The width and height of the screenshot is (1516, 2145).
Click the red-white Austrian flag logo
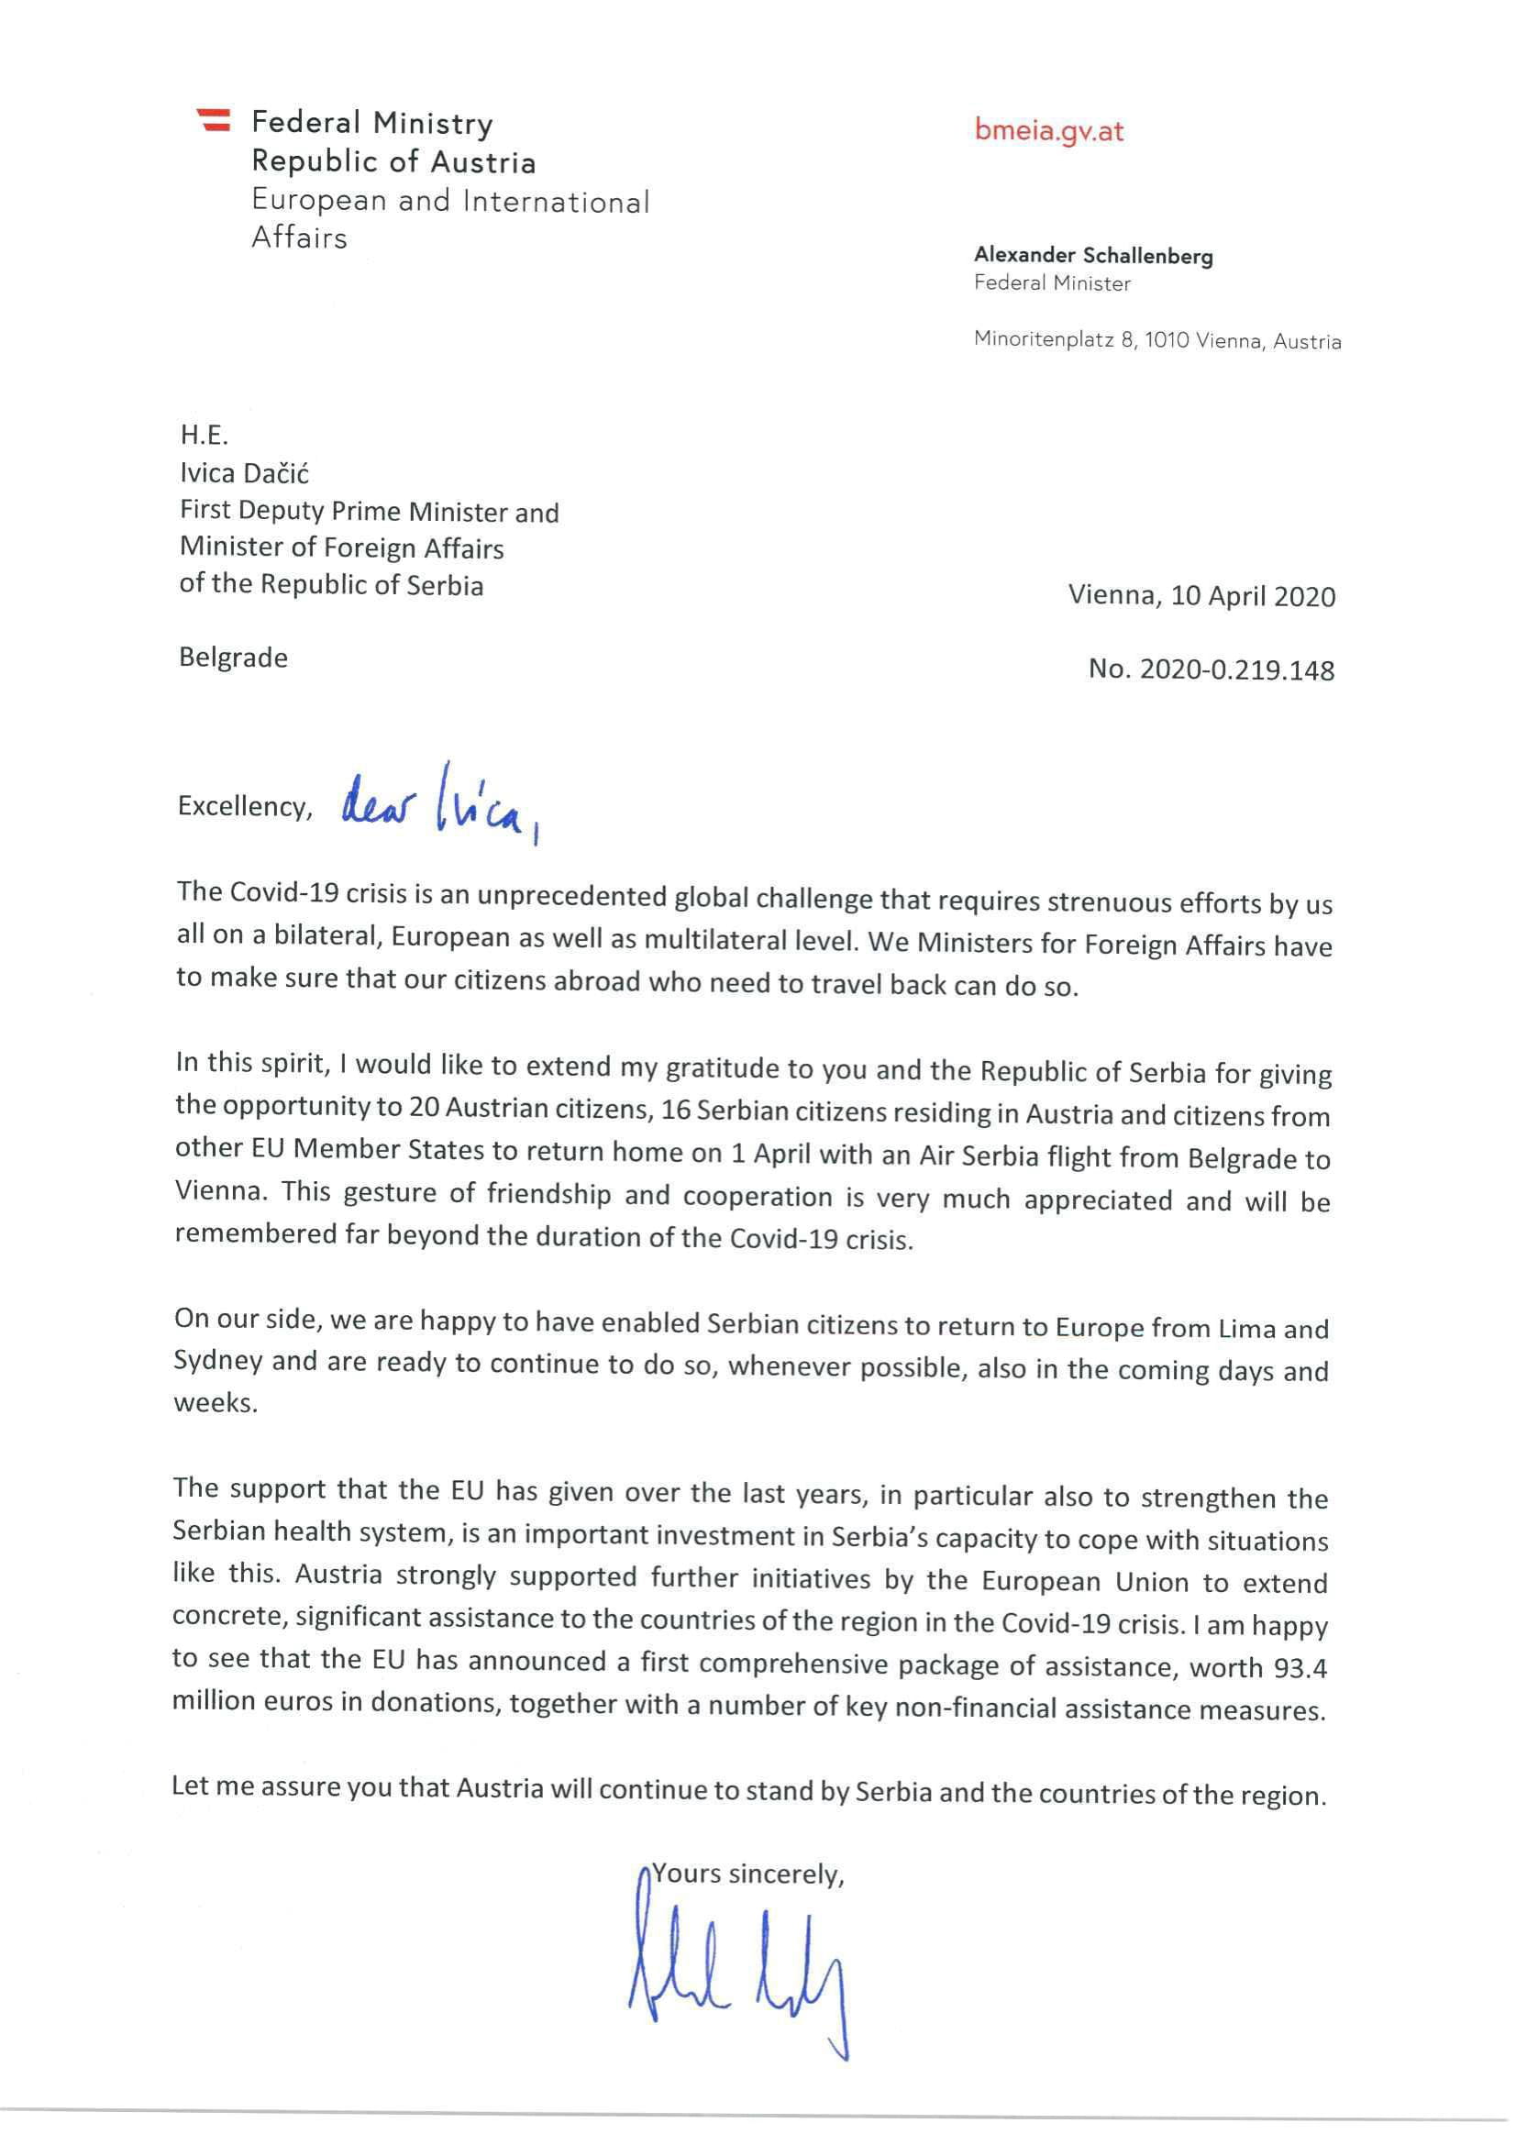click(214, 119)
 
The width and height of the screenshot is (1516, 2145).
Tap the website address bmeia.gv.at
click(1048, 130)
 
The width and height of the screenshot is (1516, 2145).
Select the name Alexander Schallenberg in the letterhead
click(1093, 255)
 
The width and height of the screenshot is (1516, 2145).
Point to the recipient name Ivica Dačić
click(244, 472)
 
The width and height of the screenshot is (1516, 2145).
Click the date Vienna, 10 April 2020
click(1201, 596)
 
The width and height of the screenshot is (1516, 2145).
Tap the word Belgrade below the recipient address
click(233, 658)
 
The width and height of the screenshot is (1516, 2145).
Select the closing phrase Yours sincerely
click(747, 1874)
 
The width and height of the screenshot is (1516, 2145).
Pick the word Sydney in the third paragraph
click(217, 1361)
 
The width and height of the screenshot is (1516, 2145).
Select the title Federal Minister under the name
click(1052, 283)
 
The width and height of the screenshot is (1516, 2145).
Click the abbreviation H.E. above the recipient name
click(204, 435)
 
